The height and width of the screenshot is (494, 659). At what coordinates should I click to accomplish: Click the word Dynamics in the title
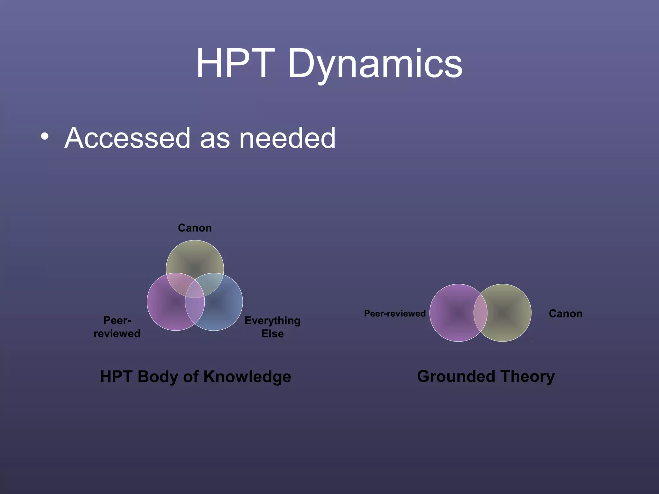coord(375,64)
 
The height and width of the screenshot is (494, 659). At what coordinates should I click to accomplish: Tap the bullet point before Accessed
coord(45,136)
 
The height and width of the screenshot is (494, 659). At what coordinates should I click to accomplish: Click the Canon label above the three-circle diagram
coord(195,228)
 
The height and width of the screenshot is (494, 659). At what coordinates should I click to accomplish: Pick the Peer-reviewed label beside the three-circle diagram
coord(117,327)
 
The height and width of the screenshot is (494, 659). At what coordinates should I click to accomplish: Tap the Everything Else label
coord(272,327)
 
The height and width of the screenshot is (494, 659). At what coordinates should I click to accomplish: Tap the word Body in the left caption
coord(158,377)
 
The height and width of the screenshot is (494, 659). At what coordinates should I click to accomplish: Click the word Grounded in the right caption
coord(456,376)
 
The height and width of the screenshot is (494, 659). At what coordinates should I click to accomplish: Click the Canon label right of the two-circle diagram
coord(565,314)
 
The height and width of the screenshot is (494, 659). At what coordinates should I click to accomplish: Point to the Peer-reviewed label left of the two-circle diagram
coord(394,314)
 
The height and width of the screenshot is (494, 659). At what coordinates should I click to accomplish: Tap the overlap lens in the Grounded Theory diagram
coord(480,313)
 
